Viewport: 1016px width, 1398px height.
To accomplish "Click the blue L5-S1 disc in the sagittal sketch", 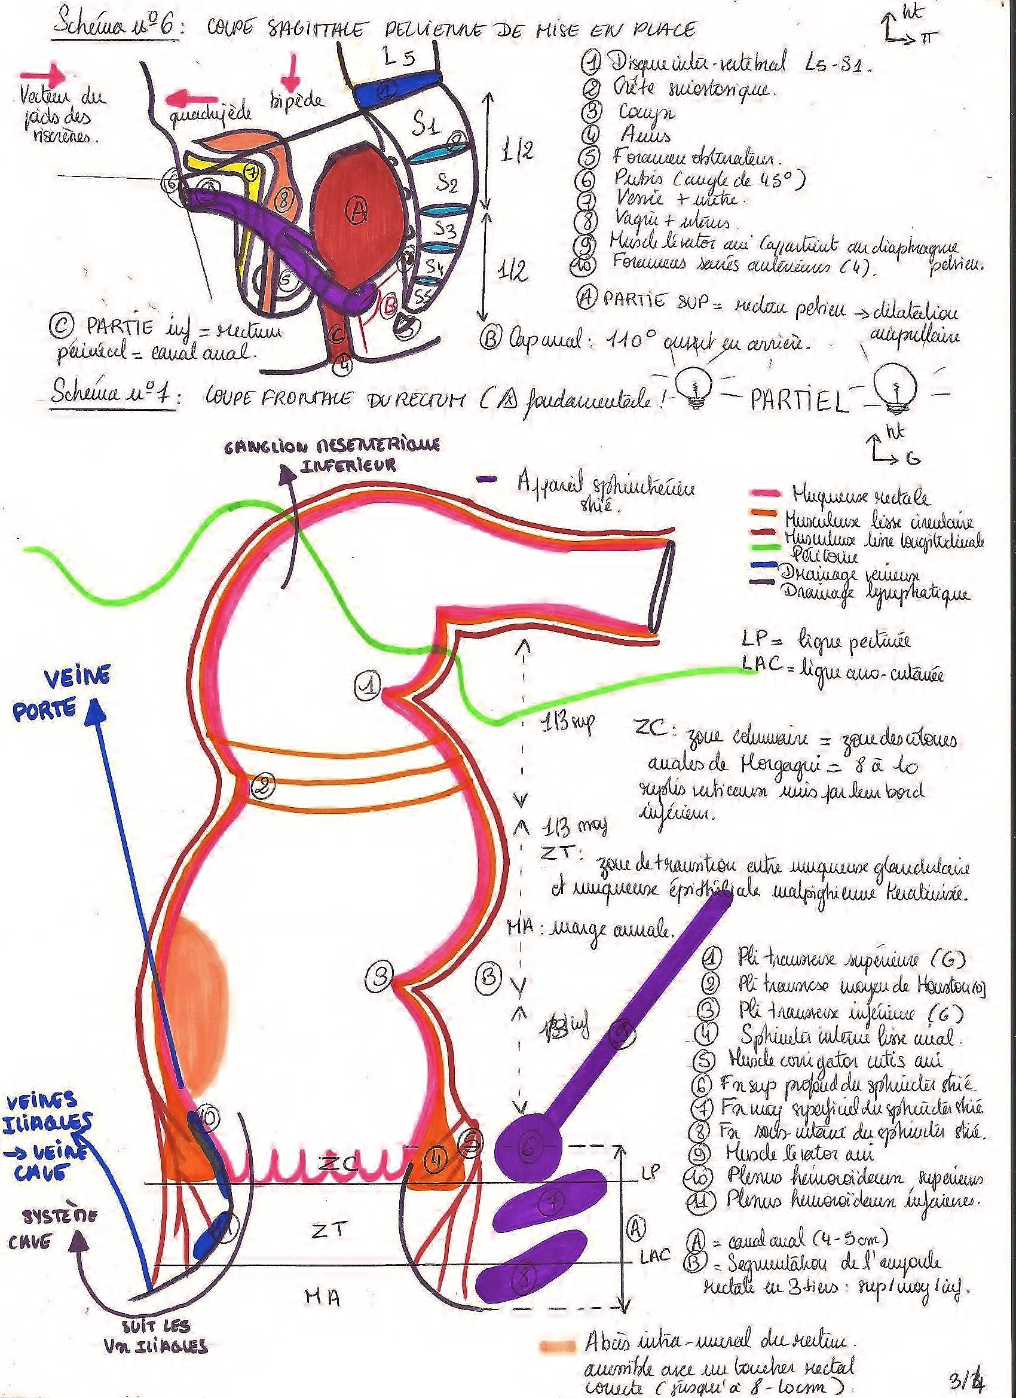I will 394,90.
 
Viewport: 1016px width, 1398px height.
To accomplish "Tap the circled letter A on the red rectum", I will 357,212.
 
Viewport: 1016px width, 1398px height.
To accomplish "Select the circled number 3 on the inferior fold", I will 379,975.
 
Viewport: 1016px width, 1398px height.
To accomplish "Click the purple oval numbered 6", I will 529,1145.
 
